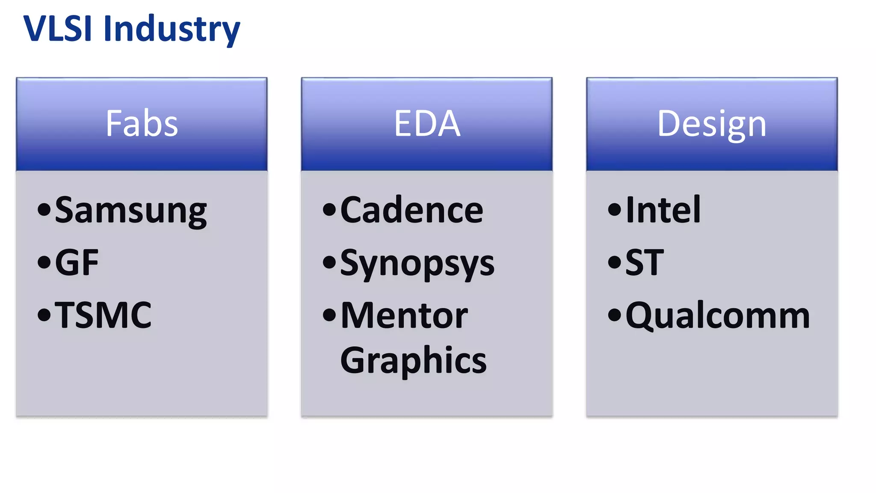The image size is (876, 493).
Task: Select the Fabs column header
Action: tap(142, 124)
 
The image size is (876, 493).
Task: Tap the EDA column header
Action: tap(427, 124)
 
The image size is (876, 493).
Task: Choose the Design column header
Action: tap(712, 124)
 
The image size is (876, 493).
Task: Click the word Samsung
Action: tap(131, 210)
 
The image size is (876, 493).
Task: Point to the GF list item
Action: tap(77, 262)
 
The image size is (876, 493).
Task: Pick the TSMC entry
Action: tap(103, 315)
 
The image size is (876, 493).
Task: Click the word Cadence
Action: tap(411, 210)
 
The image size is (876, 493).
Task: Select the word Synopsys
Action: tap(417, 263)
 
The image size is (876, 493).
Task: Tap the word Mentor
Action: tap(404, 315)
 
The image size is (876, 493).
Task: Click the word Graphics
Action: tap(413, 361)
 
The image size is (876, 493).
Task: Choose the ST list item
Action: tap(645, 262)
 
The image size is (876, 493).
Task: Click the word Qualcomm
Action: tap(718, 316)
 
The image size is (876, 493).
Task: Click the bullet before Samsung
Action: tap(44, 209)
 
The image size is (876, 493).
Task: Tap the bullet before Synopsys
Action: tap(329, 262)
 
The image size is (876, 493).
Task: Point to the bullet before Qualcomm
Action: tap(614, 315)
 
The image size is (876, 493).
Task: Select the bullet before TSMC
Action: tap(44, 315)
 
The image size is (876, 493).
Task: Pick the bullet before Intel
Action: tap(614, 209)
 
